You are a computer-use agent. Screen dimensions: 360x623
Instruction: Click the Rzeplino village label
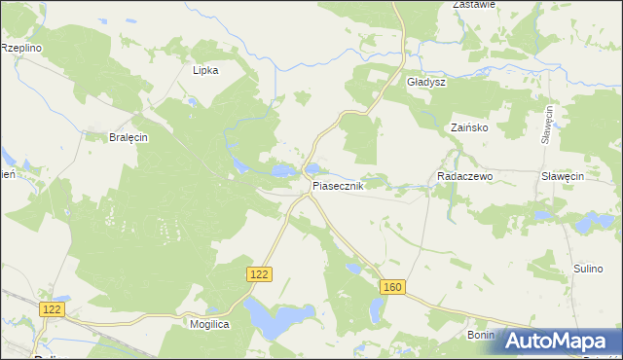coord(20,47)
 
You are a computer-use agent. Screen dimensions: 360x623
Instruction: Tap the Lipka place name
coord(205,70)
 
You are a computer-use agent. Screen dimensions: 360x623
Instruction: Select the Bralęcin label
coord(128,137)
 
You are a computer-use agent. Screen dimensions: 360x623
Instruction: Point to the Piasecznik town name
coord(338,185)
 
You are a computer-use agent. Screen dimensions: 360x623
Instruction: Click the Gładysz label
coord(425,83)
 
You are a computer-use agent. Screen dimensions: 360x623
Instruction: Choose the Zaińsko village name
coord(469,127)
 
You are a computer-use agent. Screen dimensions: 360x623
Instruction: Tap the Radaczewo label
coord(466,176)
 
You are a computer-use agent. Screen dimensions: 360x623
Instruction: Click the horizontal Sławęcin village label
coord(562,176)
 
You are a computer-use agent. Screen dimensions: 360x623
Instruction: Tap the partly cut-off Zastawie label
coord(474,5)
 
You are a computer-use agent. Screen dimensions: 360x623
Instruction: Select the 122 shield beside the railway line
coord(53,308)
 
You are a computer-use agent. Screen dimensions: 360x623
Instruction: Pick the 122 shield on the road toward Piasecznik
coord(258,275)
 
